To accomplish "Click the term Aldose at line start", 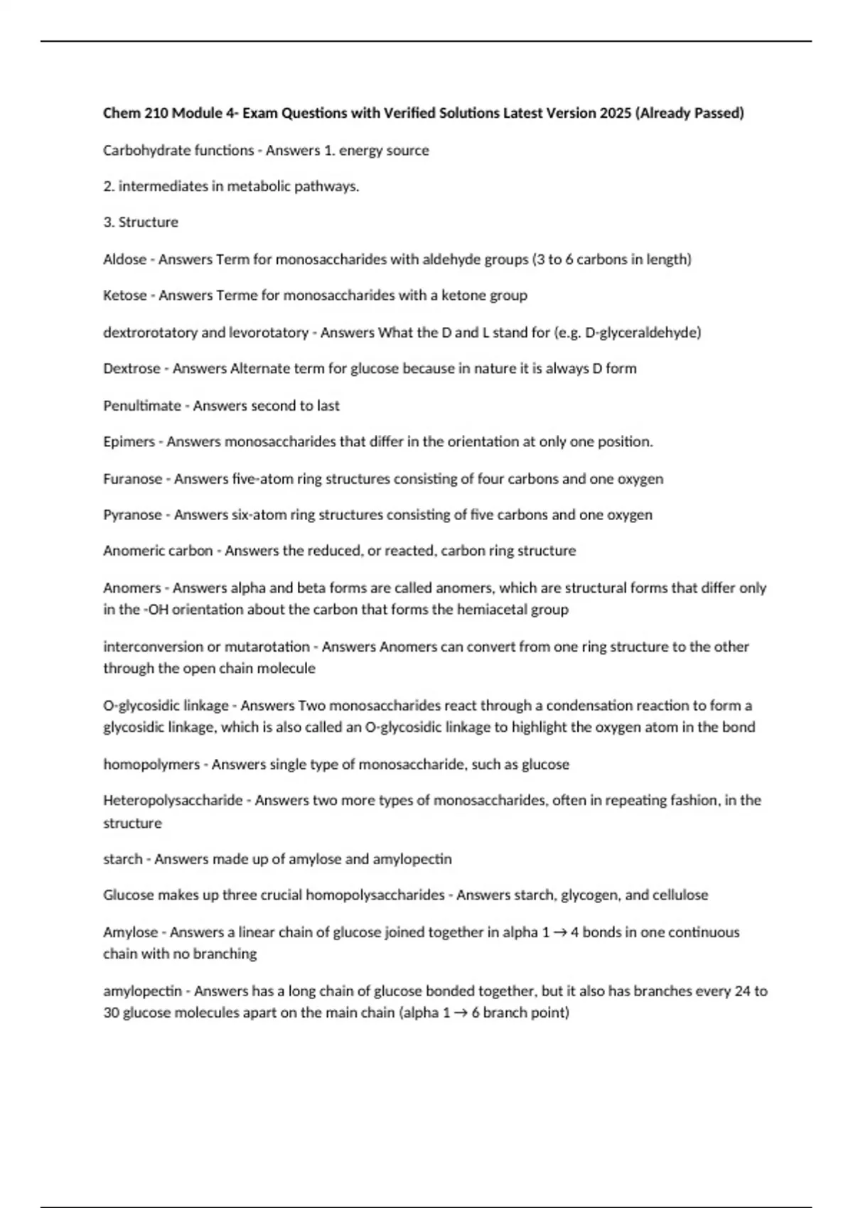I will click(124, 259).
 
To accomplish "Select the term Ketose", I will click(124, 296).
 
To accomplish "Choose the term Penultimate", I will click(142, 406).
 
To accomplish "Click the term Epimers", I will click(129, 442).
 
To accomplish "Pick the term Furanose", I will click(132, 479).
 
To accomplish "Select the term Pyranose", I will click(132, 515).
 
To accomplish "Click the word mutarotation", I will click(267, 647).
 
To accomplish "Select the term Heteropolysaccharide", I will click(173, 801).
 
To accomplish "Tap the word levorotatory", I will click(269, 333).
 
